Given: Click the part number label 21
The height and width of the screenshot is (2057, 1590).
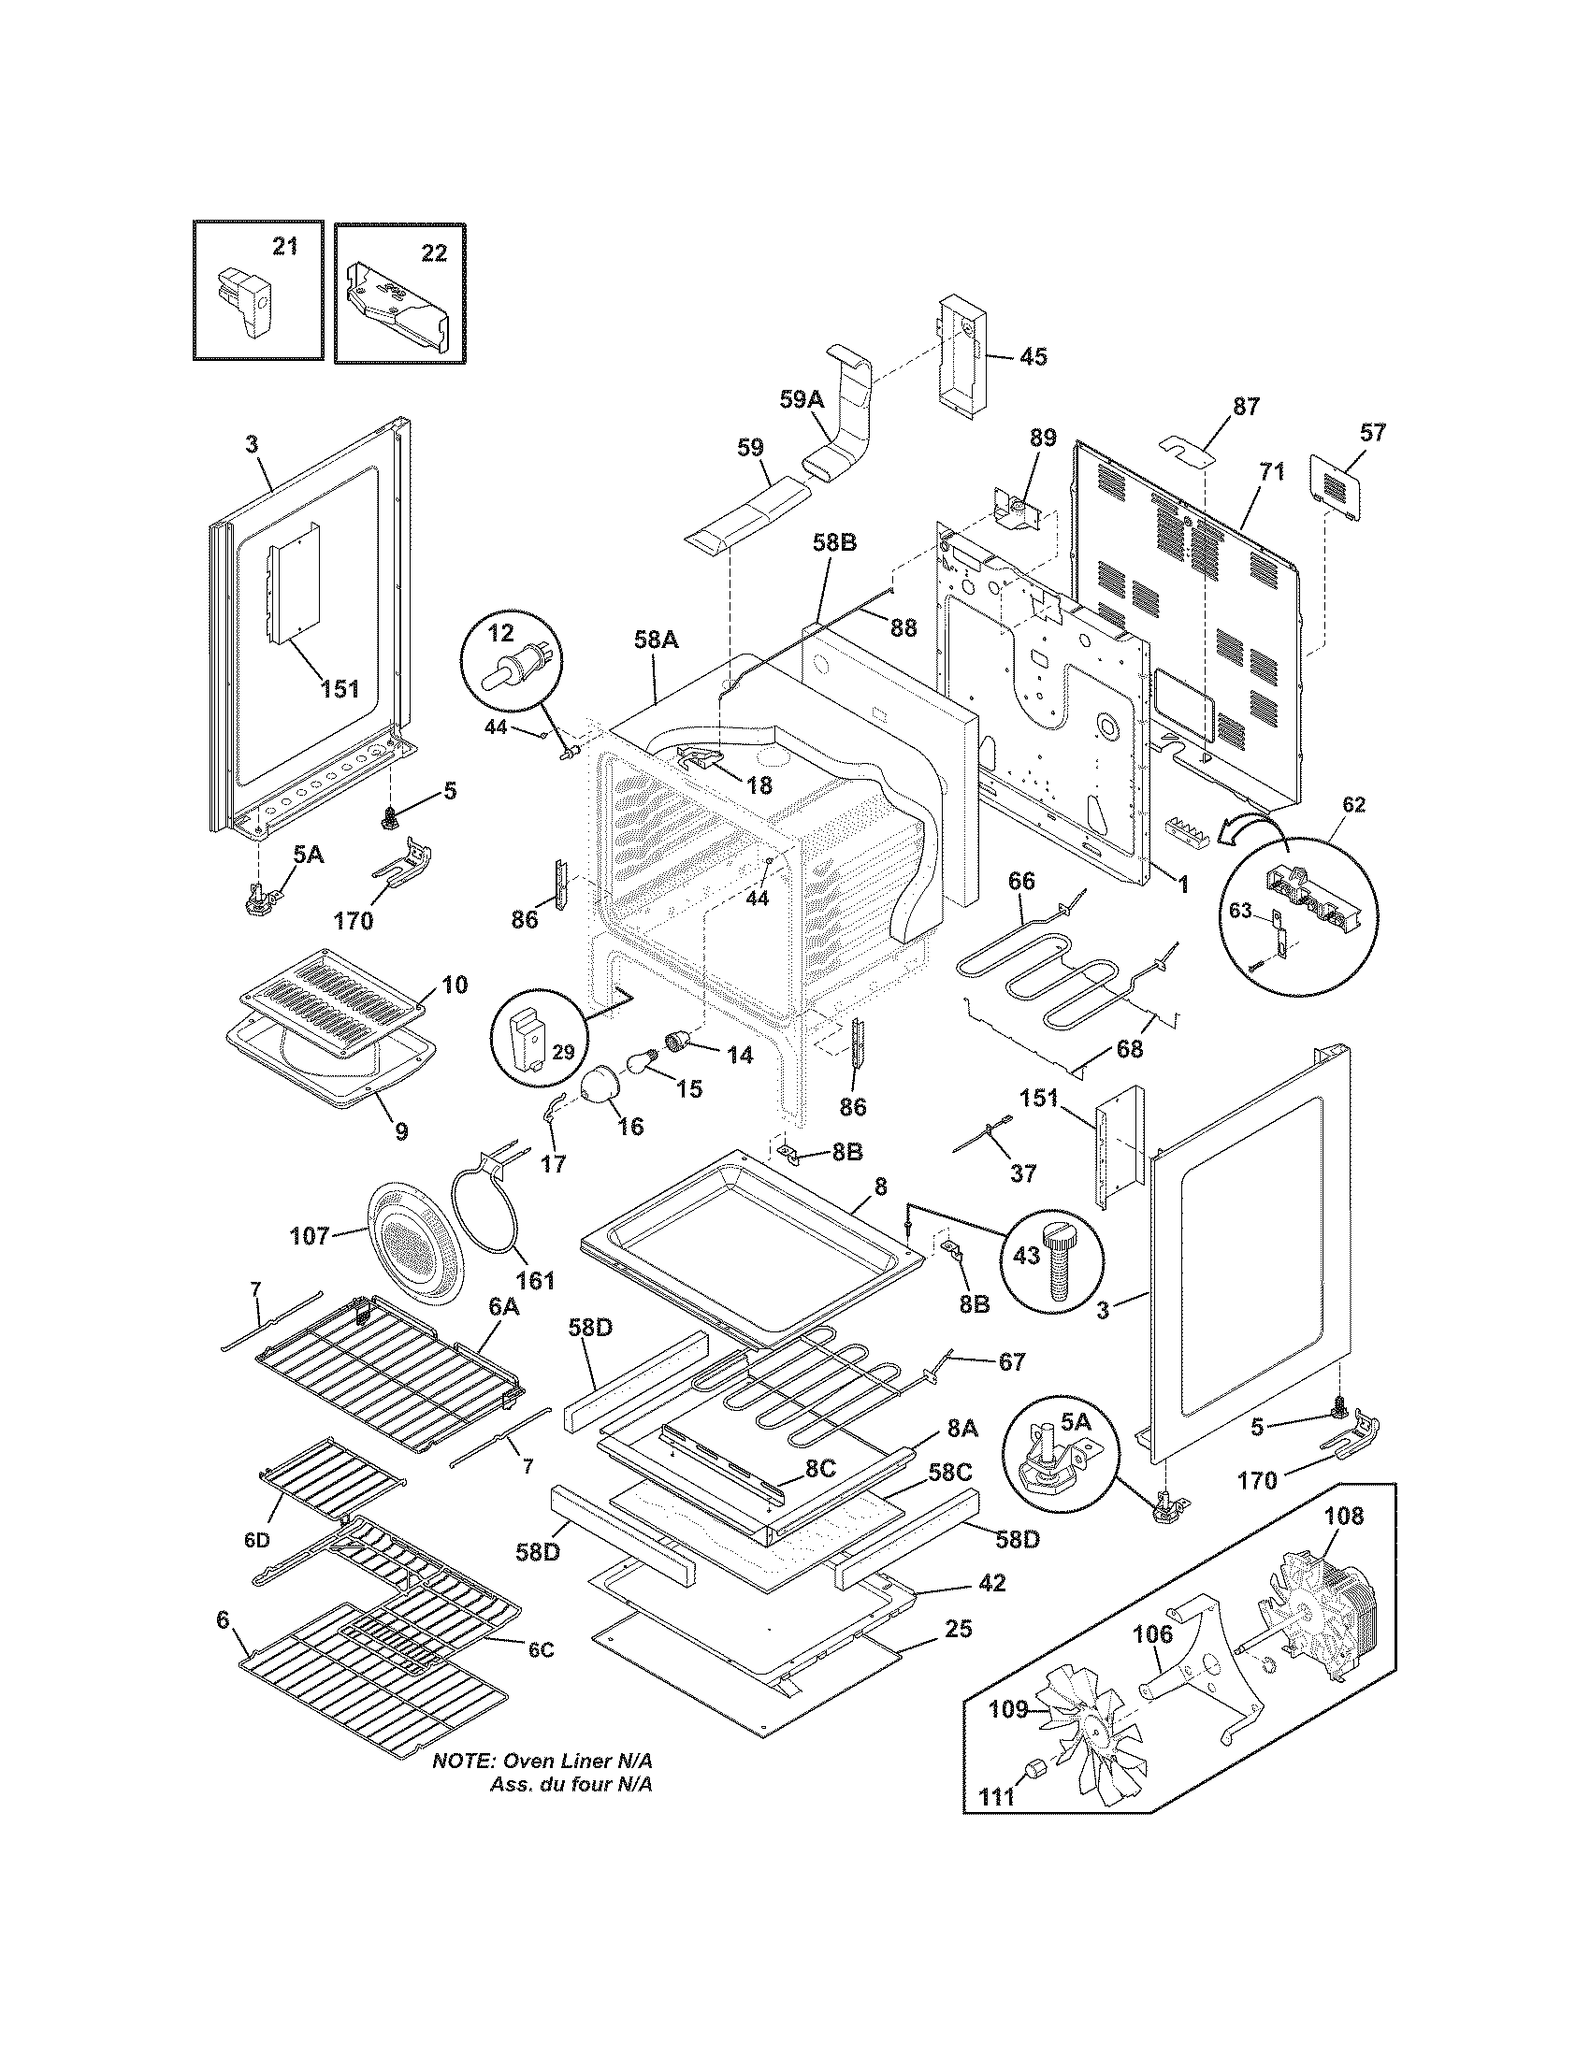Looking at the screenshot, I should point(284,247).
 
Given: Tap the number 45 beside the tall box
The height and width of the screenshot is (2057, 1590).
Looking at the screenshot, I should point(1033,357).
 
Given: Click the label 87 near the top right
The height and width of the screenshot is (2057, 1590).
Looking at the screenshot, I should point(1245,407).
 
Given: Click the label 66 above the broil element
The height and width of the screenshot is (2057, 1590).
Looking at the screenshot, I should point(1021,881).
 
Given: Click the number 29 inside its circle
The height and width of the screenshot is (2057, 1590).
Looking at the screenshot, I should point(563,1051).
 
